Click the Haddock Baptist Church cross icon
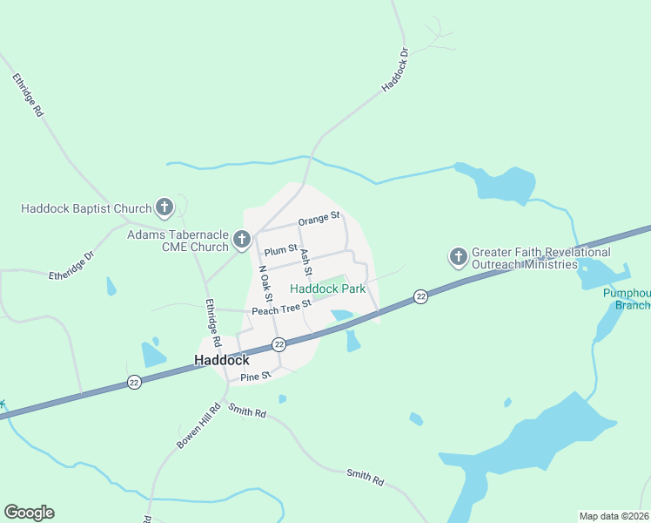point(164,207)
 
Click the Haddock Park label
point(327,289)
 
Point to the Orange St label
point(319,221)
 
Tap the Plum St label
point(281,250)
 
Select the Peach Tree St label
point(281,308)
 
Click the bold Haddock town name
point(221,359)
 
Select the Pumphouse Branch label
point(627,299)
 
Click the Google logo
point(29,513)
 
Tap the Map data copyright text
point(614,516)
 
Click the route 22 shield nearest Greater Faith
point(421,296)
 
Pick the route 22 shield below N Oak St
point(279,345)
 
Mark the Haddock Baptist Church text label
point(86,208)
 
